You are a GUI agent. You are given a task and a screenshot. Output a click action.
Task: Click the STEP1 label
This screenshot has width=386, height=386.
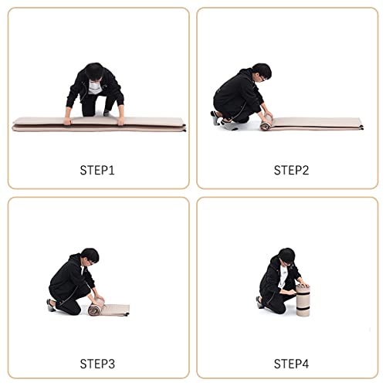[97, 171]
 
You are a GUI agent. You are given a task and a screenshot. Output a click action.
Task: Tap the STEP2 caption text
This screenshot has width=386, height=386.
[291, 171]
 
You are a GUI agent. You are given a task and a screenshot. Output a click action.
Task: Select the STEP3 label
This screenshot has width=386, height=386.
[97, 364]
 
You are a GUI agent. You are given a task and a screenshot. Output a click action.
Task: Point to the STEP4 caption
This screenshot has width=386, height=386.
[291, 364]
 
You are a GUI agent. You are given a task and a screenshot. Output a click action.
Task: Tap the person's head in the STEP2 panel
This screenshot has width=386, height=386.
[262, 72]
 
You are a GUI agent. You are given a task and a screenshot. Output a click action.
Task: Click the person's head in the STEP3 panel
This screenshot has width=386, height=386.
[90, 256]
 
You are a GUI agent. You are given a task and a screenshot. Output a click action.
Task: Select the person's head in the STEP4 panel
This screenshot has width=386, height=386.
[286, 256]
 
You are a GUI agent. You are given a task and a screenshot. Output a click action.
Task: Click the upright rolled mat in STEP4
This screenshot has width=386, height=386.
[303, 300]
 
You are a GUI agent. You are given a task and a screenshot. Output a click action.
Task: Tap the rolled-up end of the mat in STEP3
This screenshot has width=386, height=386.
[96, 308]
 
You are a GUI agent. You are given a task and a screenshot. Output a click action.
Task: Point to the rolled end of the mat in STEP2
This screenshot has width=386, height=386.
[266, 123]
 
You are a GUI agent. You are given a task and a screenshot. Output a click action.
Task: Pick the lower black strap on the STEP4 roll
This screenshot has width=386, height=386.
[303, 308]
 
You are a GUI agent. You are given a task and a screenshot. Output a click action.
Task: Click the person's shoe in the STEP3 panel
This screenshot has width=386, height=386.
[51, 305]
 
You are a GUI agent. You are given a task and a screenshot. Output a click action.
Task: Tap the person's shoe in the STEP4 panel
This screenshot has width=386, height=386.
[259, 302]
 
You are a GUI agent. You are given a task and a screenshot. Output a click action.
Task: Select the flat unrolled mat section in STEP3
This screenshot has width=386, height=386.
[117, 310]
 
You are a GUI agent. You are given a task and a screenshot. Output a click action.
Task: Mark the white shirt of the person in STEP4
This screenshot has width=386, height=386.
[283, 276]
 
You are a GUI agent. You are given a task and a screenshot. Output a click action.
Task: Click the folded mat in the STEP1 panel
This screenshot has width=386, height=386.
[99, 124]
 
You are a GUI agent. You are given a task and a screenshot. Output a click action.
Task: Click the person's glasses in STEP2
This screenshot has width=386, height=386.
[262, 77]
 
